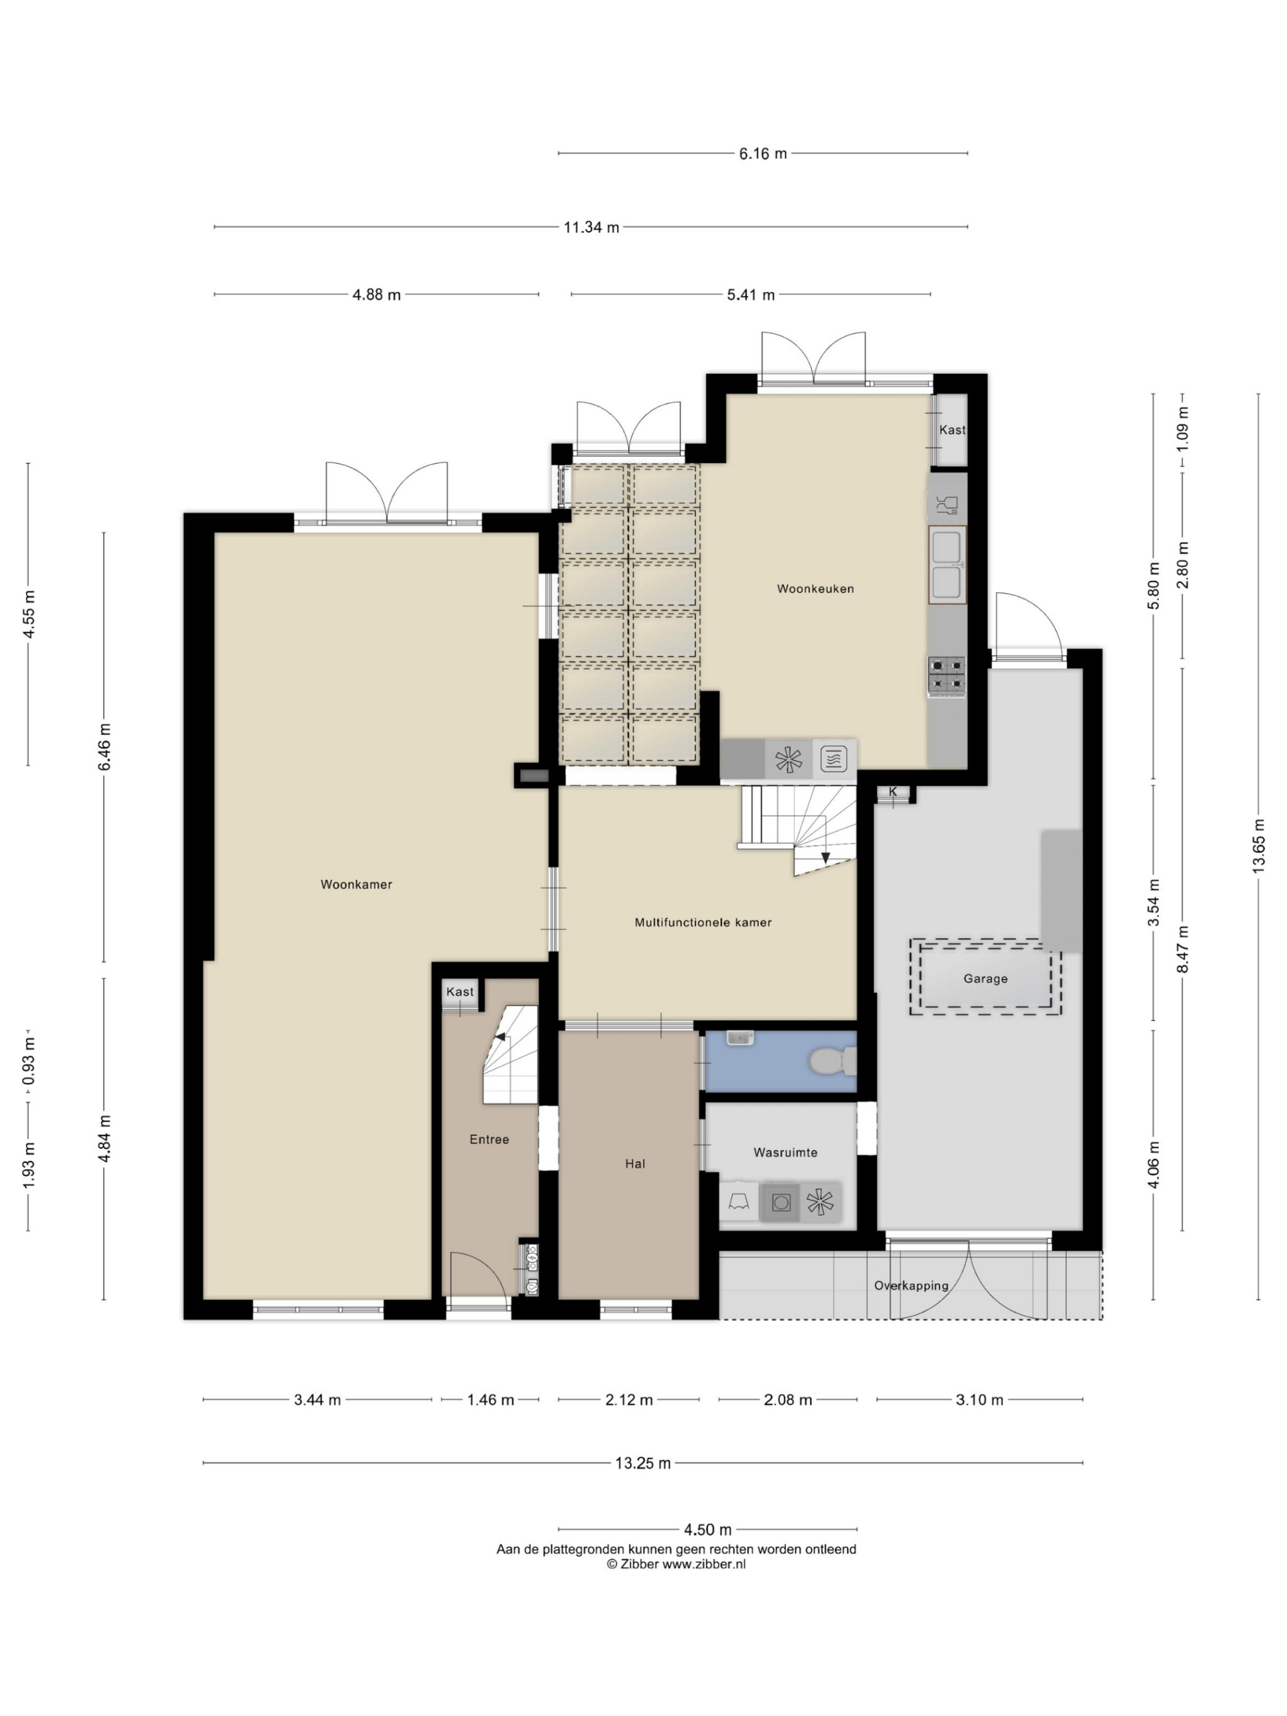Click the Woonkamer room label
(x=356, y=884)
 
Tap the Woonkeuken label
(x=815, y=589)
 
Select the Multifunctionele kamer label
(x=703, y=923)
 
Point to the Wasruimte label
(x=785, y=1153)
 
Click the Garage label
(x=985, y=979)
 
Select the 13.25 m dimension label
(x=642, y=1463)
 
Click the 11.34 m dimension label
(x=591, y=227)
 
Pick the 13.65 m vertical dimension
(x=1257, y=845)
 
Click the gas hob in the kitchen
(x=947, y=675)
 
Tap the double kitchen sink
(x=947, y=565)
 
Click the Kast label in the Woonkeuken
(x=952, y=430)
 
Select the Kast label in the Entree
(x=459, y=992)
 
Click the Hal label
(x=634, y=1164)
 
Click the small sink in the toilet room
(x=740, y=1037)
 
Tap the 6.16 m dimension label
(x=763, y=154)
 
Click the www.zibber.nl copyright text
(x=676, y=1565)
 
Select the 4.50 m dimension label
(x=707, y=1530)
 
